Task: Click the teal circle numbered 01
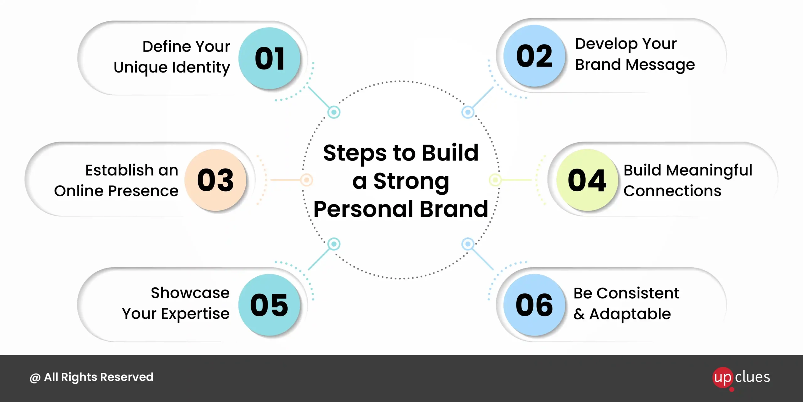coord(269,58)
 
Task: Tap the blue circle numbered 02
coord(534,56)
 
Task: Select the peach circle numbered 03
coord(215,180)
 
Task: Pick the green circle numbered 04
coord(587,180)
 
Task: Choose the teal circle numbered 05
coord(269,305)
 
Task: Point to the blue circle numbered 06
coord(534,305)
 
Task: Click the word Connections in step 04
coord(673,191)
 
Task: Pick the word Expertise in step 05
coord(195,314)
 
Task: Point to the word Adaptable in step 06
coord(630,314)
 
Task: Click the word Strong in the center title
coord(411,182)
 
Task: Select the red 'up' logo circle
coord(723,378)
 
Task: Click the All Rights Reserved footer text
coord(92,377)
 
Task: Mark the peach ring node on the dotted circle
coord(306,180)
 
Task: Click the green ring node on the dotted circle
coord(495,180)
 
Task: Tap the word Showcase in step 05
coord(190,293)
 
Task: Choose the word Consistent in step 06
coord(638,293)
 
